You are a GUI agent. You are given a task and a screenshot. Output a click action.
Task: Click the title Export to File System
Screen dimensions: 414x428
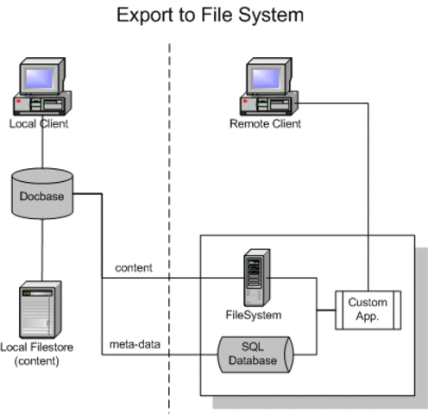211,16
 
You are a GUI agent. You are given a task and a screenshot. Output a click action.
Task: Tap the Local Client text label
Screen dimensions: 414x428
39,124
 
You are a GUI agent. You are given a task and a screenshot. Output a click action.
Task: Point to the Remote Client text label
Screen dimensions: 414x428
265,124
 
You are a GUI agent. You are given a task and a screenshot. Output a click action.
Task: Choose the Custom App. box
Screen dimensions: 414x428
368,309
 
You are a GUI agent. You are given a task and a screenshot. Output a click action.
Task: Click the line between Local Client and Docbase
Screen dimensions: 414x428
41,149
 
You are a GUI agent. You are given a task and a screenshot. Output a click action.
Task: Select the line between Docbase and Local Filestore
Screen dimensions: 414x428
41,250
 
